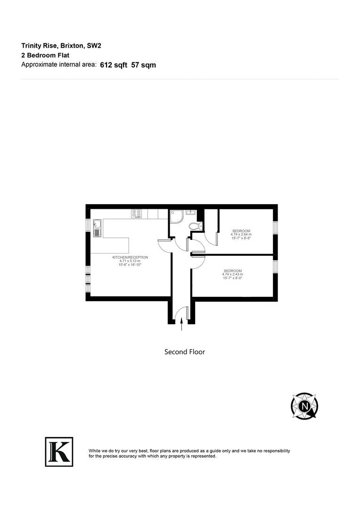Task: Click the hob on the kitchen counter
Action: coord(137,214)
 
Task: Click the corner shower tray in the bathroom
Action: coord(177,216)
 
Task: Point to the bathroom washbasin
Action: coord(190,213)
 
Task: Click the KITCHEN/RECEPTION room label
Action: coord(130,257)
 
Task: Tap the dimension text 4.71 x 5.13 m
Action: coord(130,261)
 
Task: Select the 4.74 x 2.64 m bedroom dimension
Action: coord(241,234)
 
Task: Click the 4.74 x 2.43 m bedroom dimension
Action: coord(233,274)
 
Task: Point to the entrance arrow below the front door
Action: coord(182,326)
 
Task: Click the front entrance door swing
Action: coord(181,312)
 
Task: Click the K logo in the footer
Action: coord(59,452)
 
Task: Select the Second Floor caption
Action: coord(184,352)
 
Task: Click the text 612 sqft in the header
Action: coord(114,66)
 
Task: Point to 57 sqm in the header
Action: coord(144,66)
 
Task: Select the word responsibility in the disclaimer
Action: coord(273,451)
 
